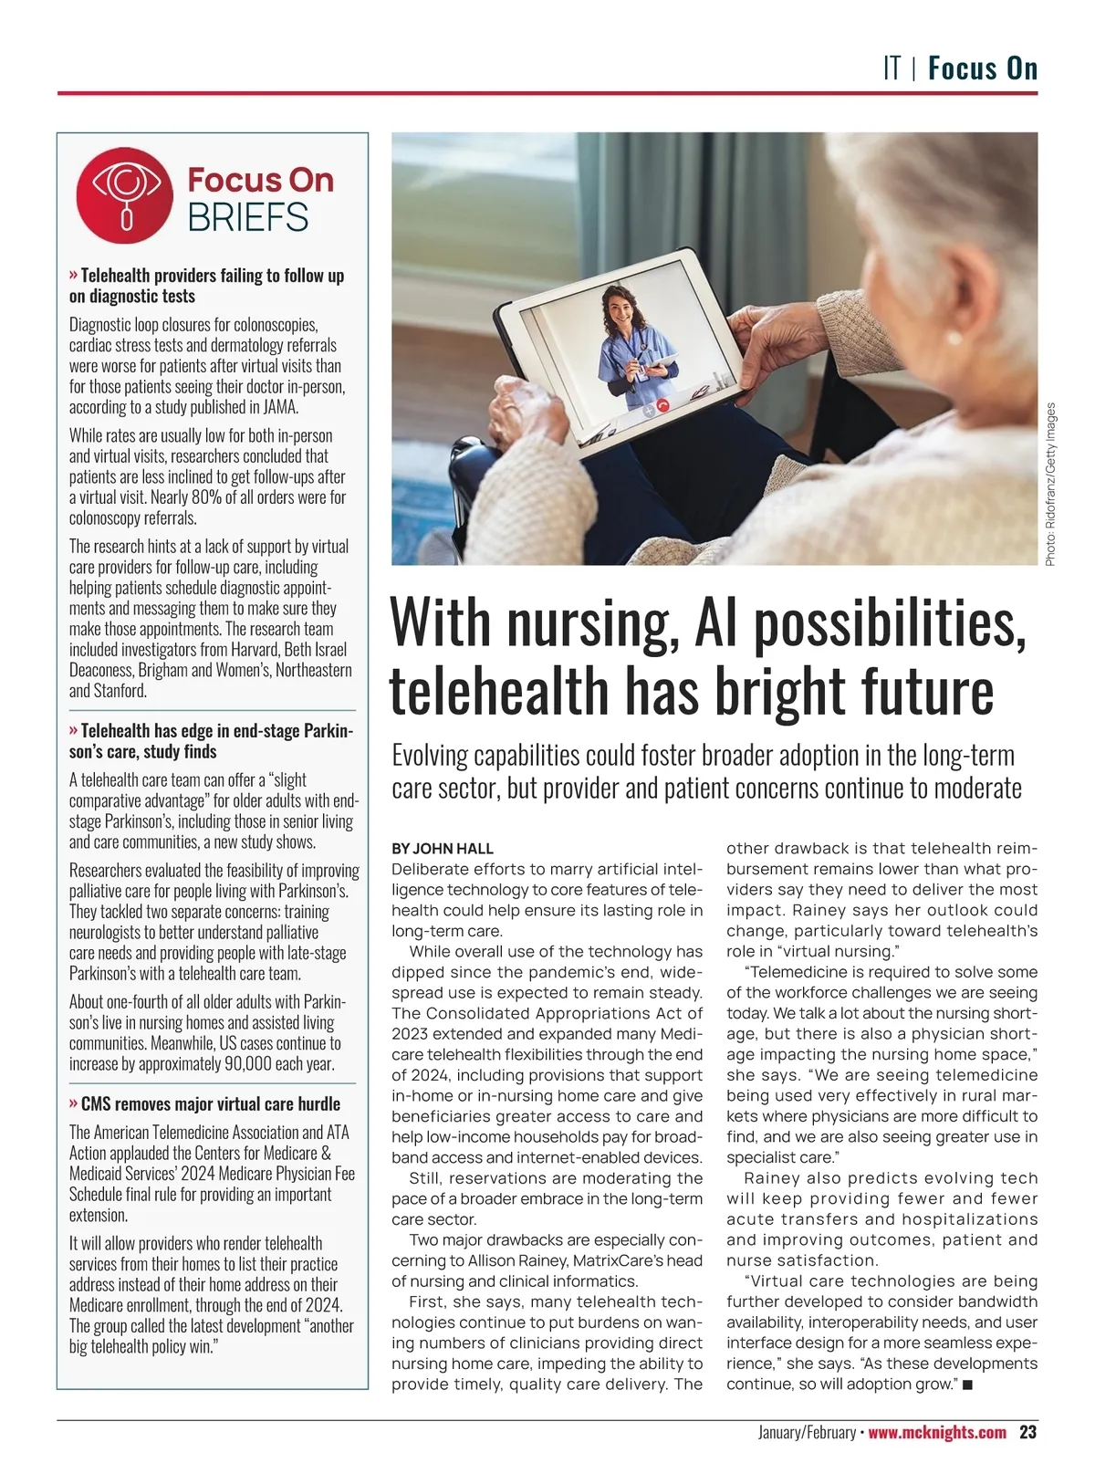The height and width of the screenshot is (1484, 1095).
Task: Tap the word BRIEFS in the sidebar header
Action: (248, 218)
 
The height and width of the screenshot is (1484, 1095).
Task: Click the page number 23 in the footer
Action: (1027, 1432)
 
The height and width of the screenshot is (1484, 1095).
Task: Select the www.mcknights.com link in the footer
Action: (937, 1432)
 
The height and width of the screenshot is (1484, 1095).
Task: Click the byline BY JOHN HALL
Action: (443, 849)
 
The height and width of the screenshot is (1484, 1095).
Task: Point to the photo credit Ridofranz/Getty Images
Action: (1050, 484)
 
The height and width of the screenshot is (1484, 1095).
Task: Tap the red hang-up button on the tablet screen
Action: (663, 407)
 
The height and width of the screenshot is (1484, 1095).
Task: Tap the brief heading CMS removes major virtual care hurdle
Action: (210, 1103)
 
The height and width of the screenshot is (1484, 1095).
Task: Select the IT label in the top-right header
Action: (892, 68)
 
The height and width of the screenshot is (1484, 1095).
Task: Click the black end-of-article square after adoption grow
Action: (967, 1385)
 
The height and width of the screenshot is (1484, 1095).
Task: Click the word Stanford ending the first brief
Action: (120, 691)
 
